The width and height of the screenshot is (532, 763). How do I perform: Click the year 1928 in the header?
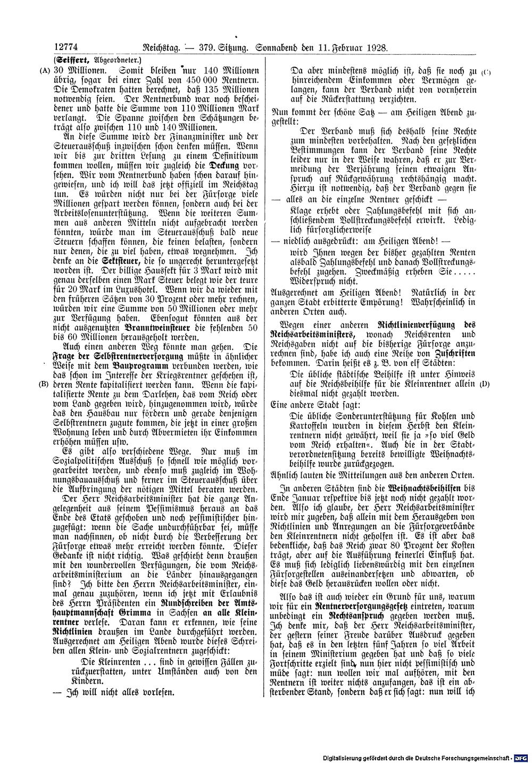pyautogui.click(x=375, y=47)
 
